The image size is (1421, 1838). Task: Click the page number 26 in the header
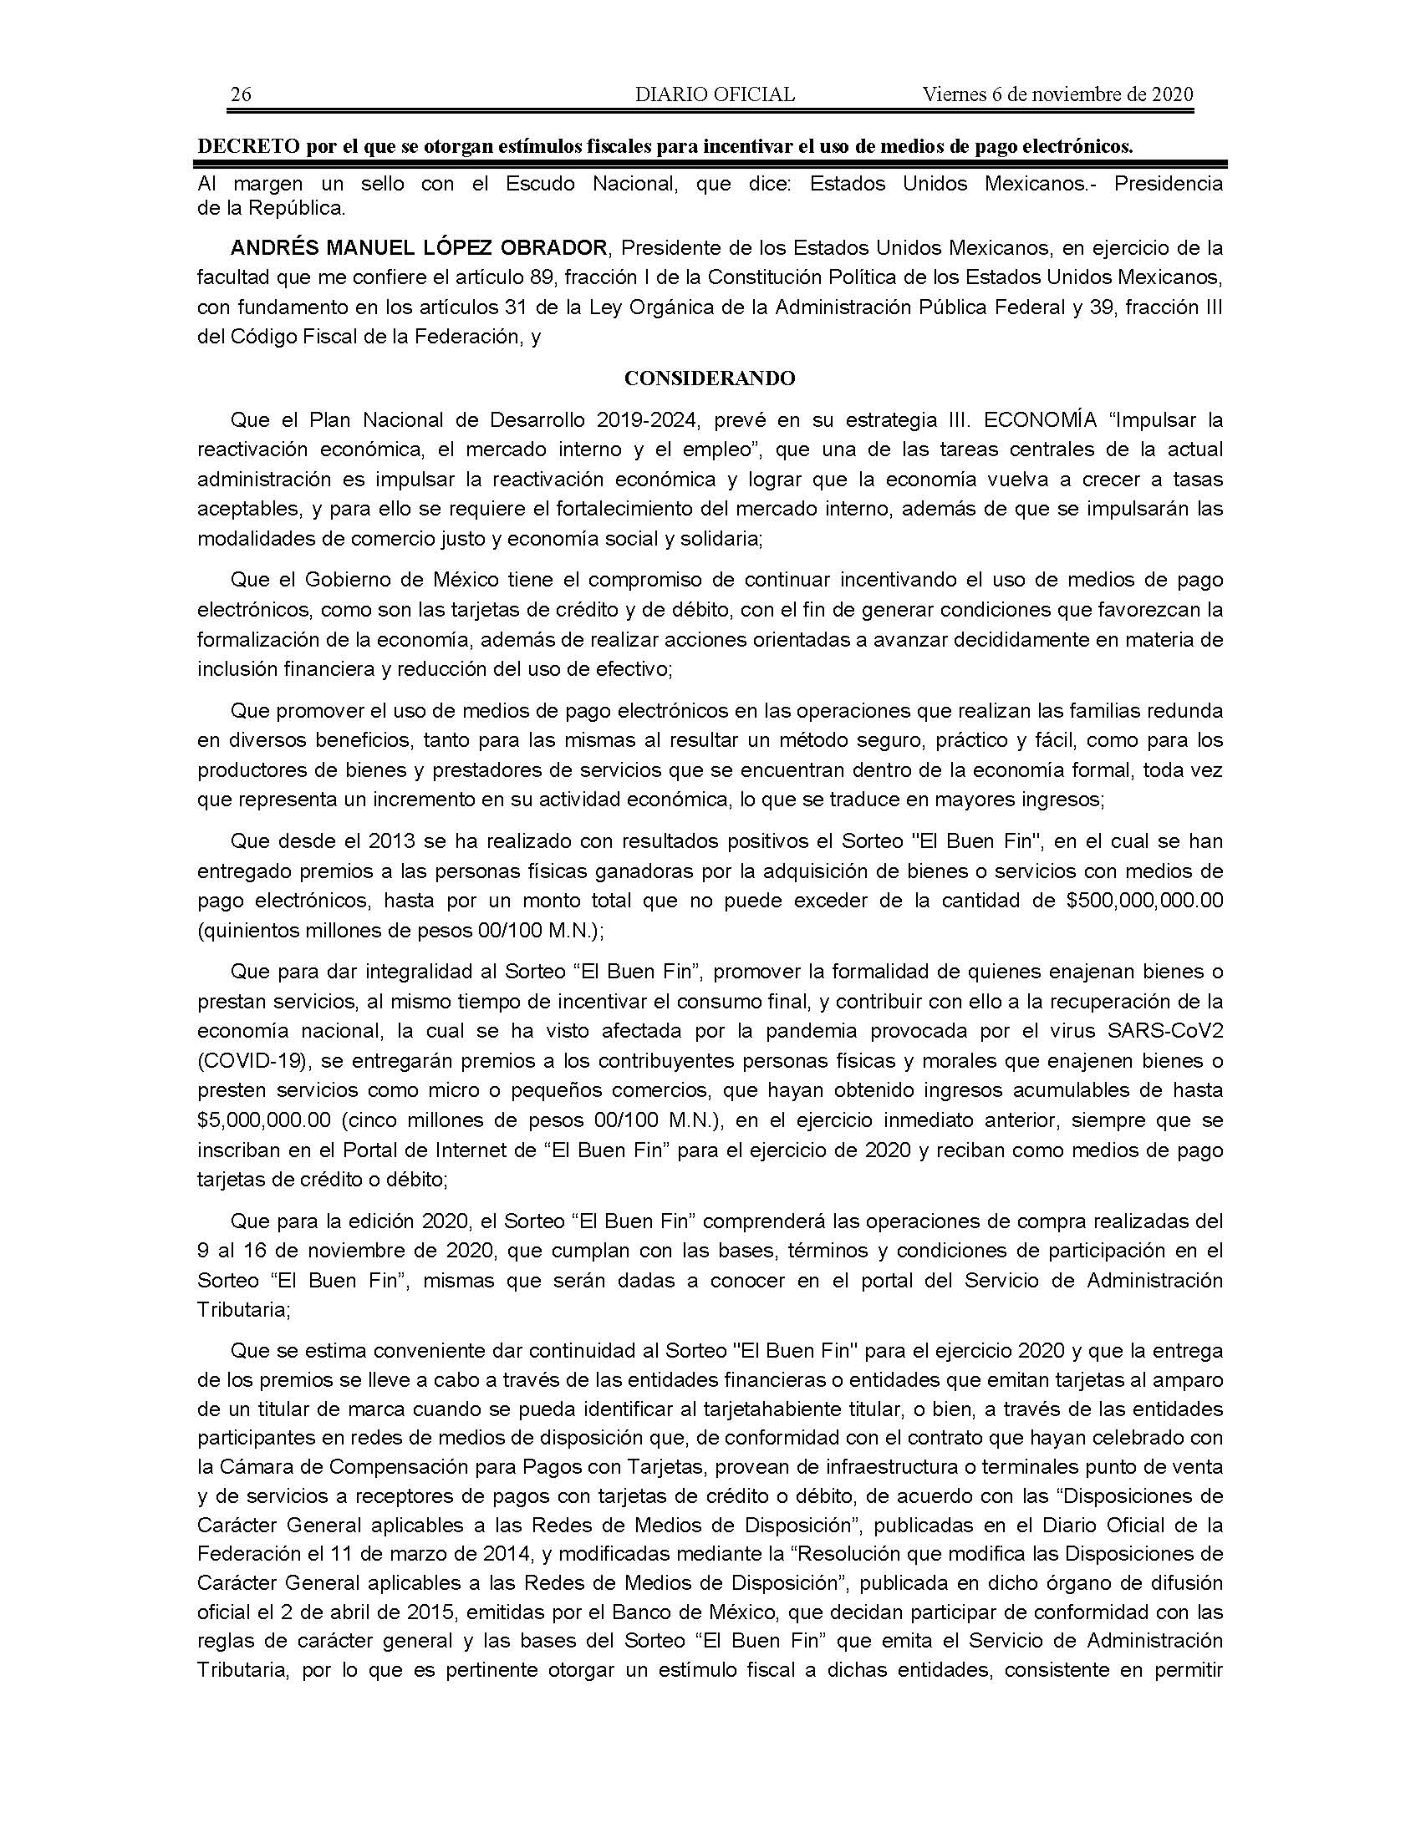pos(241,94)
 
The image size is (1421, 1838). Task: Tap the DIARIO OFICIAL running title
pos(715,94)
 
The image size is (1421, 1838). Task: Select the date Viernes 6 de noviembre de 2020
pos(1057,94)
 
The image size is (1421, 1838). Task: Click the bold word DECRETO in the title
pos(247,146)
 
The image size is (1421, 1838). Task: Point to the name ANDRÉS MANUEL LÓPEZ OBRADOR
pos(419,248)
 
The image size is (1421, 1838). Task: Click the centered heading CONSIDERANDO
pos(710,378)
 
